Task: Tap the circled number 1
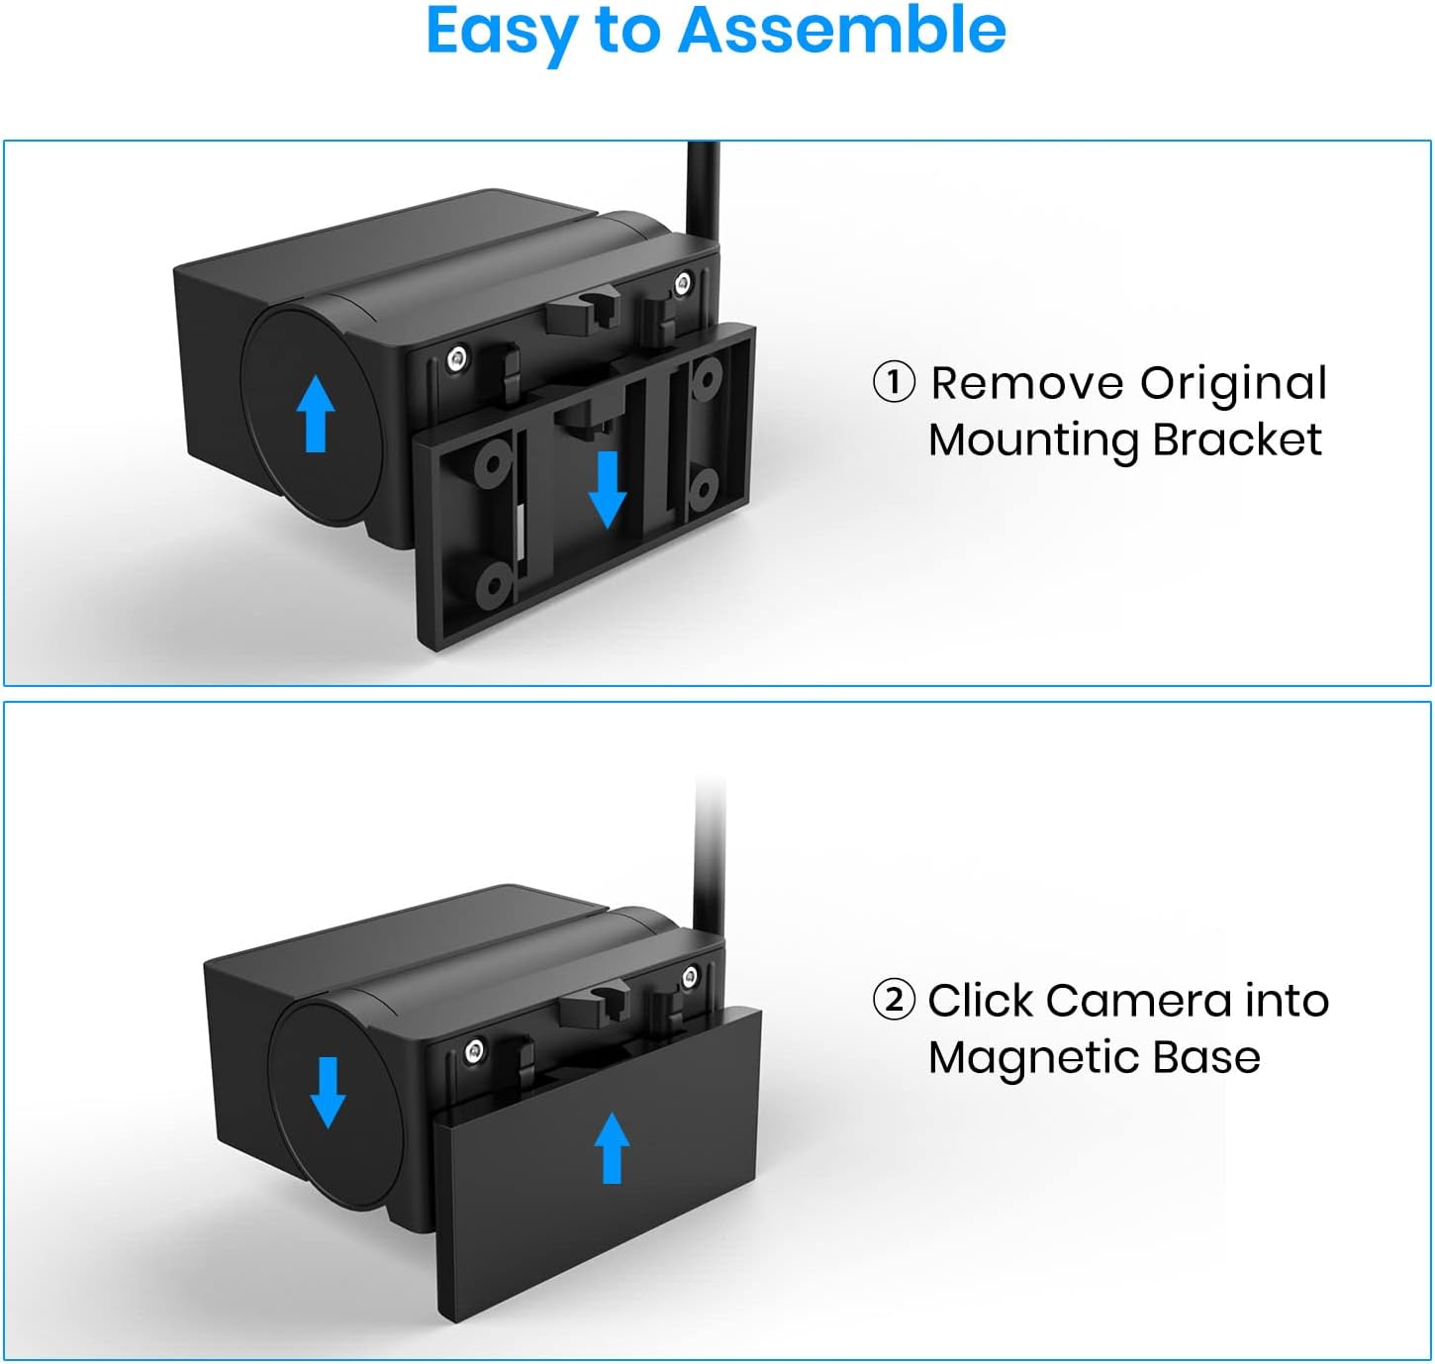tap(894, 383)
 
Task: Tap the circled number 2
tap(894, 1000)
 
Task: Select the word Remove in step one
tap(1027, 383)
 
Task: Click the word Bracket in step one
tap(1237, 439)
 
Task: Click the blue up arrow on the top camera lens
tap(316, 414)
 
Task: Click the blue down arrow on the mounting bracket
tap(608, 489)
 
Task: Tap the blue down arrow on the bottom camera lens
tap(328, 1093)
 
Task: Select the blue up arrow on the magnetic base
tap(612, 1147)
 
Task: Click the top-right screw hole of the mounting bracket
tap(706, 378)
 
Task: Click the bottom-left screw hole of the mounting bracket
tap(492, 585)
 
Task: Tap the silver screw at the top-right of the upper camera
tap(683, 282)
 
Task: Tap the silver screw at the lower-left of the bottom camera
tap(474, 1051)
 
